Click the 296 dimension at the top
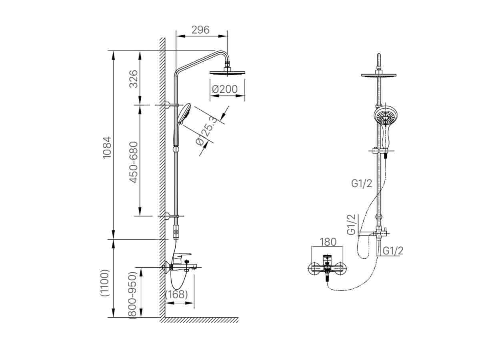(x=200, y=30)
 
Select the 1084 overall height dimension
(x=107, y=148)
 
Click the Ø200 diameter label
(x=224, y=89)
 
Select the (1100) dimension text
(x=105, y=282)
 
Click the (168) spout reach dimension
(x=176, y=294)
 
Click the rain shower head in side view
(x=227, y=72)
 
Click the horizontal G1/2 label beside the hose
(x=362, y=183)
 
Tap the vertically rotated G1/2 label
(x=351, y=224)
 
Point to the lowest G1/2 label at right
(x=393, y=250)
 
